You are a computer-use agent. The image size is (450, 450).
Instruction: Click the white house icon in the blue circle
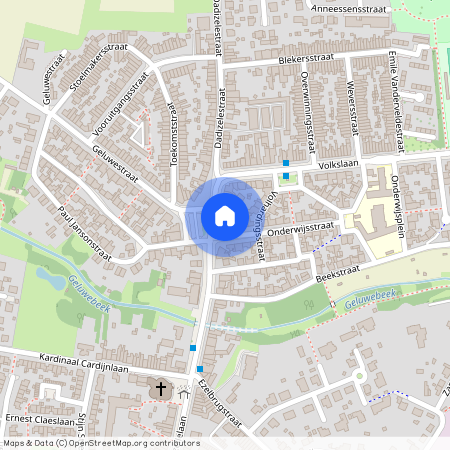(x=225, y=215)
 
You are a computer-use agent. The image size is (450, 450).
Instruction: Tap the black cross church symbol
(x=162, y=387)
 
